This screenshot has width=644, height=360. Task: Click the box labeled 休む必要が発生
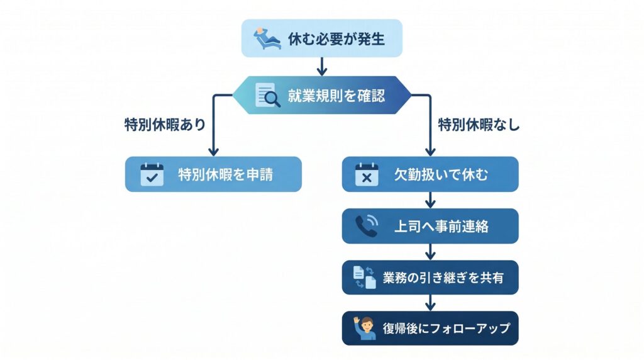tap(321, 38)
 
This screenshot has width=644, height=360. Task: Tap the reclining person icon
tap(267, 38)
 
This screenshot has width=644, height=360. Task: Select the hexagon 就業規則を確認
tap(321, 96)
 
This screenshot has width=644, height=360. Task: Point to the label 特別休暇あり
tap(165, 125)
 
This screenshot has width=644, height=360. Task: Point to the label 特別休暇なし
tap(479, 125)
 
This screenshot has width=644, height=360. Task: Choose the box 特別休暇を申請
tap(213, 174)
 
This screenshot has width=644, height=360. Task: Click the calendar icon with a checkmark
tap(152, 174)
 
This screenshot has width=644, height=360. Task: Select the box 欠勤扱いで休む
tap(430, 174)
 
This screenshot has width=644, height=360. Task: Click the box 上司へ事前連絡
tap(430, 226)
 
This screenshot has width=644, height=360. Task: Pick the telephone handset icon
tap(366, 226)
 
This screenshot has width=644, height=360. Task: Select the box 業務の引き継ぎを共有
tap(430, 277)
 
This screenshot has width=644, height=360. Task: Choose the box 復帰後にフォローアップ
tap(430, 328)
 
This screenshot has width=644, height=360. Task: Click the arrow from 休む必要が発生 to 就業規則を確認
tap(321, 67)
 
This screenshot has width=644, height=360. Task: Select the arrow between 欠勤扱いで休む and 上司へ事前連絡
tap(430, 200)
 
